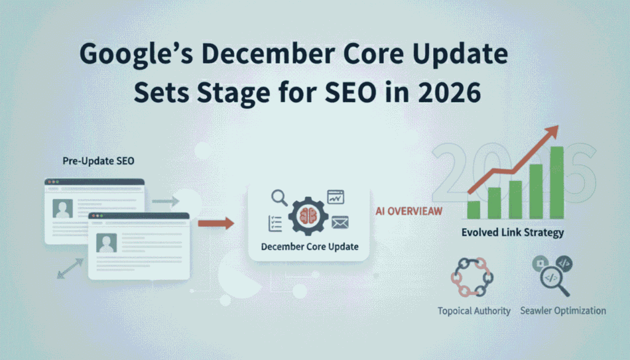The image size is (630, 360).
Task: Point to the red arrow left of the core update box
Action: click(218, 223)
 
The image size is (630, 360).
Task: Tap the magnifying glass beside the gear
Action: click(279, 198)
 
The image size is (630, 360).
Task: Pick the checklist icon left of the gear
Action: click(275, 223)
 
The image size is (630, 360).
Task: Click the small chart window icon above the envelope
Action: click(336, 197)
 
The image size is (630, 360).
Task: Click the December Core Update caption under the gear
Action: click(309, 247)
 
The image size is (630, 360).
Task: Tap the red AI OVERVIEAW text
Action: click(409, 211)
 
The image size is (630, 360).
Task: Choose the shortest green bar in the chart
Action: click(473, 209)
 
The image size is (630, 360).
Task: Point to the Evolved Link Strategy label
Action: click(512, 233)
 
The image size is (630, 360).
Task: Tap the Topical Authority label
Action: click(474, 311)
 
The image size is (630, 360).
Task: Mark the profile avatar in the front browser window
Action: click(107, 243)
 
